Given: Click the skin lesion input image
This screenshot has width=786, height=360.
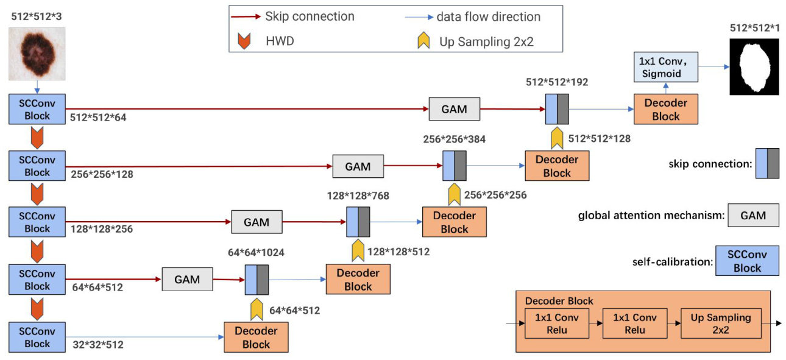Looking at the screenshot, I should (x=37, y=54).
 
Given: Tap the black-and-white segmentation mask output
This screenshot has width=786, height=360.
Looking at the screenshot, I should (x=754, y=66).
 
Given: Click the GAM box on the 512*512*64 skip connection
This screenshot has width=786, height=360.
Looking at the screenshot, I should (x=454, y=110).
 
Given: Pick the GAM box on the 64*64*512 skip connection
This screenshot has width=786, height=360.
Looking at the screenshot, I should (x=187, y=280).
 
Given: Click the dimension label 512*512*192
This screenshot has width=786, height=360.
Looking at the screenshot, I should (x=557, y=82).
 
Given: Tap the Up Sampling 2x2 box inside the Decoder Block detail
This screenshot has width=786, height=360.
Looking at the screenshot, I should (x=720, y=323).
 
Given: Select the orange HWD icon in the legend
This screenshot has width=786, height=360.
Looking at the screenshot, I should (x=244, y=41).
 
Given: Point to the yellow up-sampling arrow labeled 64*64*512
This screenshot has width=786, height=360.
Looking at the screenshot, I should (x=257, y=309).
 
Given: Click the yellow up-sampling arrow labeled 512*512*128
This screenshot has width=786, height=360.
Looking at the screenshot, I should (x=557, y=138).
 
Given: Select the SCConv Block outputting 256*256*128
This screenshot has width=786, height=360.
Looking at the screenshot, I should (x=37, y=166).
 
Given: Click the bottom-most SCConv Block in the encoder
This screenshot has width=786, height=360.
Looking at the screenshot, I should (x=37, y=337).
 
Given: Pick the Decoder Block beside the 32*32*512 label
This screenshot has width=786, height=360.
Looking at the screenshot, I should (x=256, y=337).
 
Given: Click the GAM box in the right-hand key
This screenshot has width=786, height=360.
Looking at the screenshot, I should (x=753, y=215).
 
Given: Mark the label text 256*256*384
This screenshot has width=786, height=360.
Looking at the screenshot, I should (x=454, y=139).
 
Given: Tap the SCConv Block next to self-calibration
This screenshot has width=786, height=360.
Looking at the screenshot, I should (x=747, y=261).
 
